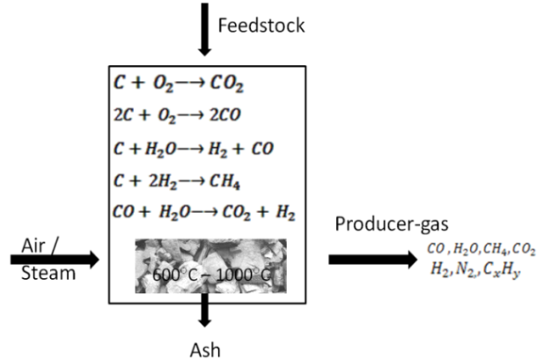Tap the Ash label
pos(205,350)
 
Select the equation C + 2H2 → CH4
pos(177,180)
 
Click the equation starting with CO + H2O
pos(203,212)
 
